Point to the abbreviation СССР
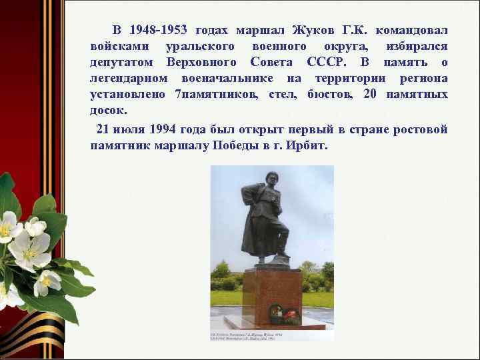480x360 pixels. coord(327,63)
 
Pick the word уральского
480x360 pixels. coord(200,47)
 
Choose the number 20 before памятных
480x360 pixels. coord(371,94)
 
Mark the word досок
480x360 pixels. coord(108,110)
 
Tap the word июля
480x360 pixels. coord(131,129)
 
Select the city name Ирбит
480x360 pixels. coord(308,145)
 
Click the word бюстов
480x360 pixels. coord(331,94)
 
